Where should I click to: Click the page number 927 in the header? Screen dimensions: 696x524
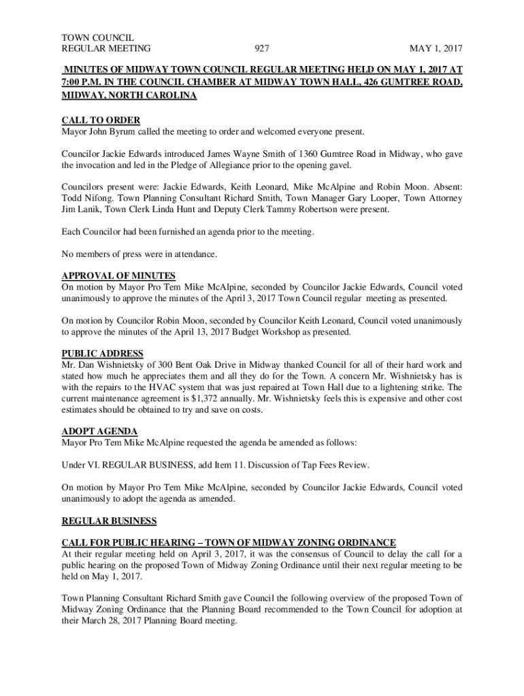[x=263, y=49]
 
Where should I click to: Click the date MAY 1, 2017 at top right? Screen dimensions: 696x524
[x=436, y=49]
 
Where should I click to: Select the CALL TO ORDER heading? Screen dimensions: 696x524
[x=101, y=120]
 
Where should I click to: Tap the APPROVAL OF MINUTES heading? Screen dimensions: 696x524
[x=118, y=276]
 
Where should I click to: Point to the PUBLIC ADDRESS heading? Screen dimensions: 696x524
[x=102, y=353]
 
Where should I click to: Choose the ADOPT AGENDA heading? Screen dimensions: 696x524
[x=99, y=432]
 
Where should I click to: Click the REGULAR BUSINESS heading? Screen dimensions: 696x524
[x=109, y=521]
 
